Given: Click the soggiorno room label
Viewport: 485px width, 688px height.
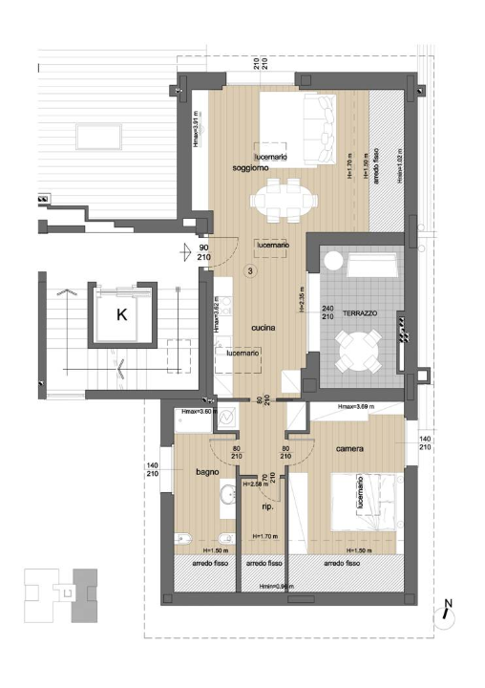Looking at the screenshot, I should pos(250,168).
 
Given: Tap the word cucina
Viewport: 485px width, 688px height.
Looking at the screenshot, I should pos(264,328).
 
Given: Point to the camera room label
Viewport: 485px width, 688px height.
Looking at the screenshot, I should pos(351,447).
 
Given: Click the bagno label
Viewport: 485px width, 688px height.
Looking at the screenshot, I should pos(208,472).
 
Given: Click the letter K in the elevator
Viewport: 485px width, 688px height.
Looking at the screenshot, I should pos(122,314).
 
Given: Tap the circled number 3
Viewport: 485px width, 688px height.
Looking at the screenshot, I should pos(250,271).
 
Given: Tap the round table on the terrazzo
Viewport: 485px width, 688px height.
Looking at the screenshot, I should pos(359,351).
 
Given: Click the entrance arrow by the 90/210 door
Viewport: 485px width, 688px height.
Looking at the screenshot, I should pos(186,252).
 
